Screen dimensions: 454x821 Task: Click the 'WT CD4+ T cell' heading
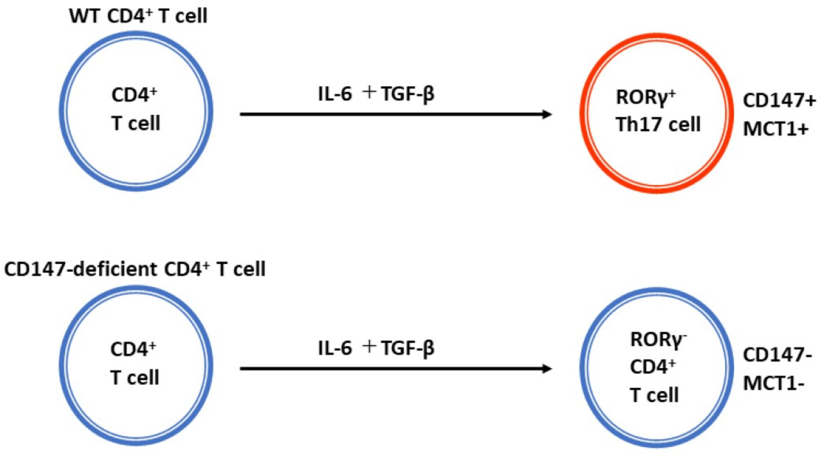[138, 16]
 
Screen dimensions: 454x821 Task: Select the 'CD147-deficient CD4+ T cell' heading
[135, 269]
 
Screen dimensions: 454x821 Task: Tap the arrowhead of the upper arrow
[547, 114]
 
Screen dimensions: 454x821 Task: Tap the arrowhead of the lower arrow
[547, 369]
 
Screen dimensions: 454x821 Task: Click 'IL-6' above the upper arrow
[335, 95]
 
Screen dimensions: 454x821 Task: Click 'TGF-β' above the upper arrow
[408, 95]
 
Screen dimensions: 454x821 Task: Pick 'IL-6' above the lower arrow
[335, 348]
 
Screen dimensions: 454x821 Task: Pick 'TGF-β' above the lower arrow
[408, 348]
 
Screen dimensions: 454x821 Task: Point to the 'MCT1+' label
[776, 129]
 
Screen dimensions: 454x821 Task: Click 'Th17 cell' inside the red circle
[658, 124]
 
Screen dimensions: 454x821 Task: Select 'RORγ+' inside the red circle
[646, 97]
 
